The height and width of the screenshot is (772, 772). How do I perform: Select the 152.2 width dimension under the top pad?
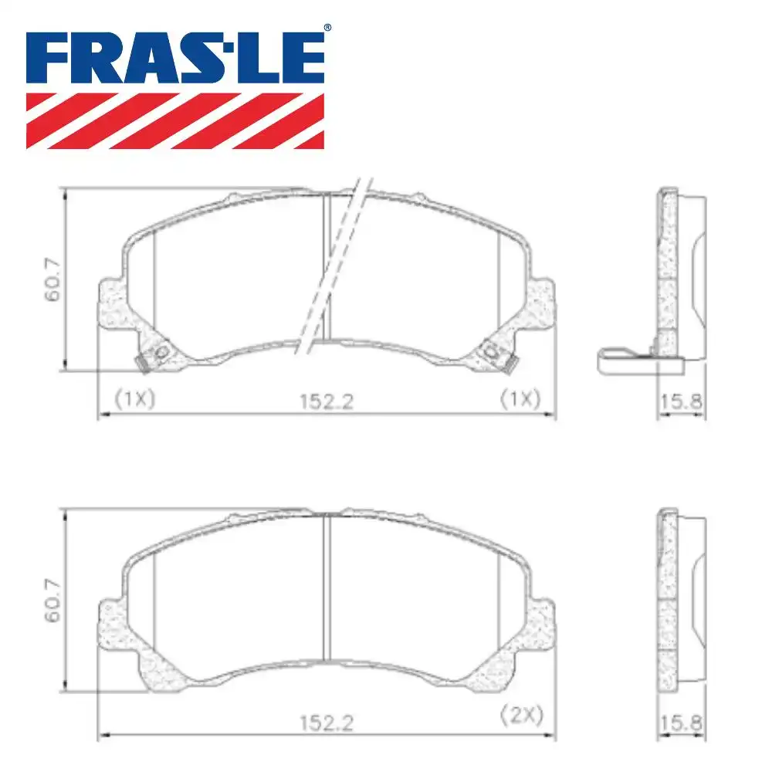coord(328,402)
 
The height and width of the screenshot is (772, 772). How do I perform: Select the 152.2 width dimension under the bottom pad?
coord(328,723)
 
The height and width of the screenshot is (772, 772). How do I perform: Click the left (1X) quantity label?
coord(135,399)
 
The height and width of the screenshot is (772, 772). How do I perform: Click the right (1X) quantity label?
coord(520,399)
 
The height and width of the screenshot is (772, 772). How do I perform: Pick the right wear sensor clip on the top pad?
coord(494,354)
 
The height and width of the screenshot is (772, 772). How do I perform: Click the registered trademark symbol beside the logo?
coord(327,28)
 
